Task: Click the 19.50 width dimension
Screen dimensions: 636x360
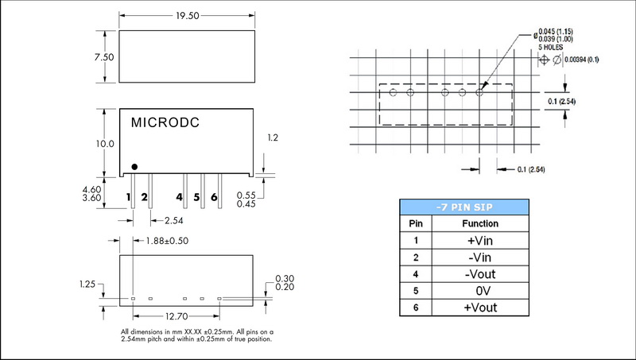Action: pyautogui.click(x=188, y=16)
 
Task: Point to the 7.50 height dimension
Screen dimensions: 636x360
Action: pyautogui.click(x=104, y=57)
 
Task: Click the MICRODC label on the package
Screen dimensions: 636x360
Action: pyautogui.click(x=165, y=123)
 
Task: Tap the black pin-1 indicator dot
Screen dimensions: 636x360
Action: pyautogui.click(x=134, y=167)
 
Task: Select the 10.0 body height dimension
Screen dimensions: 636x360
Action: pyautogui.click(x=105, y=144)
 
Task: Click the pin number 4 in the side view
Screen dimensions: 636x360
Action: pyautogui.click(x=180, y=197)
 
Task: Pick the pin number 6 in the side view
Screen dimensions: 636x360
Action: pyautogui.click(x=214, y=197)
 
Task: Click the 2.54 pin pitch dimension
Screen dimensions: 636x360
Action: pyautogui.click(x=174, y=221)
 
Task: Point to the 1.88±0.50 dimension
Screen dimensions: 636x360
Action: pyautogui.click(x=167, y=241)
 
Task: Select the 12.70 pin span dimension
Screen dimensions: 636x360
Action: pyautogui.click(x=176, y=316)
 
